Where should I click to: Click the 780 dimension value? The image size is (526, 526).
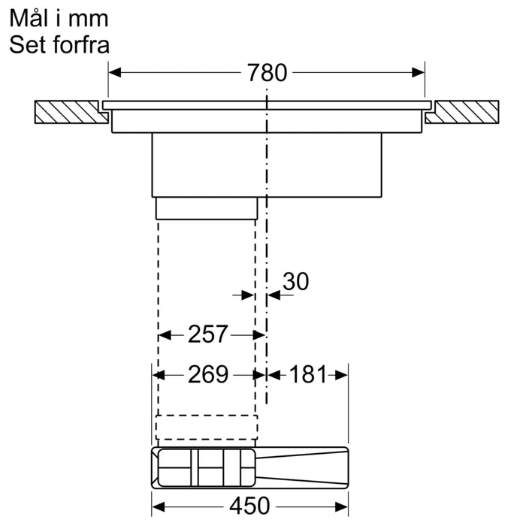(x=267, y=73)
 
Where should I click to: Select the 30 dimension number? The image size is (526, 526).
(x=295, y=281)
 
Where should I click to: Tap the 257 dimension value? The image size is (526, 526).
(x=207, y=334)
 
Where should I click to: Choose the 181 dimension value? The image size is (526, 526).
(x=308, y=373)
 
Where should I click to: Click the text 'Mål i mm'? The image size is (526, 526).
(x=59, y=18)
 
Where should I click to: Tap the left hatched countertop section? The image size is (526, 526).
(x=68, y=113)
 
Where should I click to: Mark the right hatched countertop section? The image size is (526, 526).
(x=462, y=113)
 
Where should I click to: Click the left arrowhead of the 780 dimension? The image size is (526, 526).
(x=115, y=73)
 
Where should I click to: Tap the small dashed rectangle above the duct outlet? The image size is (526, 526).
(x=206, y=427)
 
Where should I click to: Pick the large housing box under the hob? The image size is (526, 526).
(x=267, y=165)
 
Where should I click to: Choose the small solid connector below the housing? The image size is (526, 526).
(x=207, y=207)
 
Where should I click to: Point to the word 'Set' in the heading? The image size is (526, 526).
(x=27, y=44)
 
